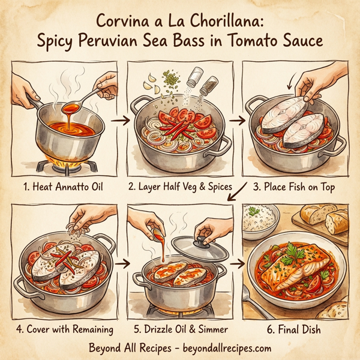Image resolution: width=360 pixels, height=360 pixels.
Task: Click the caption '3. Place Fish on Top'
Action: pyautogui.click(x=296, y=186)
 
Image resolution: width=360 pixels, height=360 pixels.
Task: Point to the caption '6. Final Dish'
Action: pyautogui.click(x=296, y=329)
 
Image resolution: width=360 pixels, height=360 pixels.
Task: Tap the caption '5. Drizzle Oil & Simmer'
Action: pyautogui.click(x=179, y=329)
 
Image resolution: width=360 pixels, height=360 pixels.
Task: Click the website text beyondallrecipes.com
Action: pyautogui.click(x=223, y=347)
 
